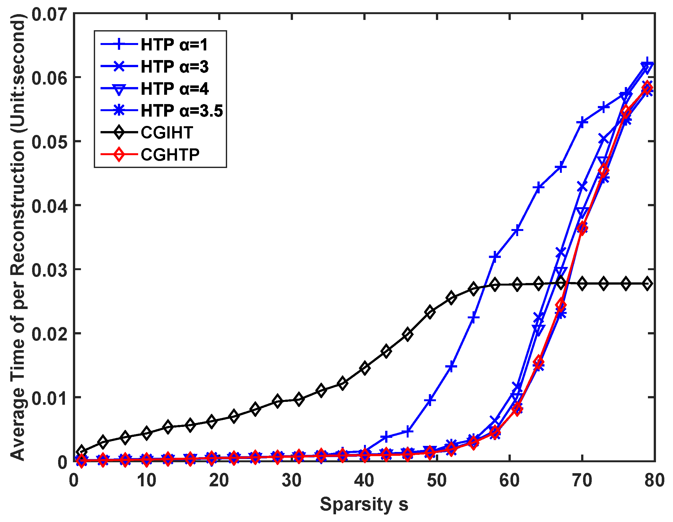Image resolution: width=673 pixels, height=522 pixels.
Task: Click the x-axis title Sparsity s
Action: [x=364, y=504]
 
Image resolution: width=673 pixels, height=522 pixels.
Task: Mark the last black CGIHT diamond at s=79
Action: [x=647, y=284]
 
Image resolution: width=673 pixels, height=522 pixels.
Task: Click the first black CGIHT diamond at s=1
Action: [x=81, y=451]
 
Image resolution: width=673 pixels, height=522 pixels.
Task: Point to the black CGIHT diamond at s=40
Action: [x=364, y=368]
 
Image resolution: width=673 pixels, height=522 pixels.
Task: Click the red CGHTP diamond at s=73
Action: [x=604, y=170]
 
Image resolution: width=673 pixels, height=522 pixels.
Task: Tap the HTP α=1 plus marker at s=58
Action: [x=495, y=257]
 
